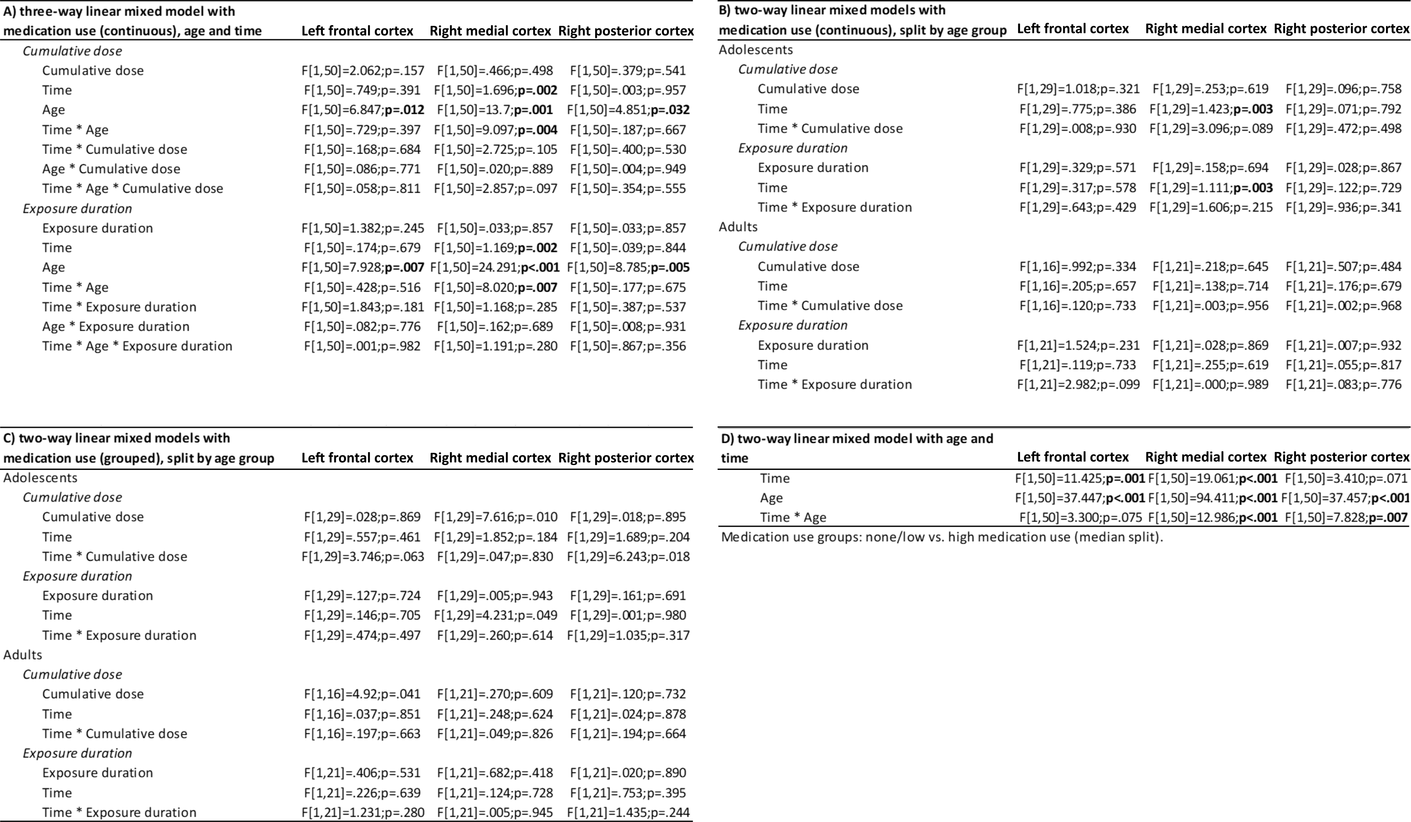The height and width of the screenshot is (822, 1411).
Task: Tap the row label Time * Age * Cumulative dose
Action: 133,189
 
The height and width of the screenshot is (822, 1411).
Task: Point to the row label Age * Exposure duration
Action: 116,326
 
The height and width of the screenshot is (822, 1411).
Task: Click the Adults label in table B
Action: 738,227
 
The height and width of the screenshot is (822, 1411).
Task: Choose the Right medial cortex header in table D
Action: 1206,457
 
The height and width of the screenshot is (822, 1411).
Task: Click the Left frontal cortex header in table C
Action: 357,458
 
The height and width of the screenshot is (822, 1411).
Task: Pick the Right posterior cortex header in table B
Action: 1342,29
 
